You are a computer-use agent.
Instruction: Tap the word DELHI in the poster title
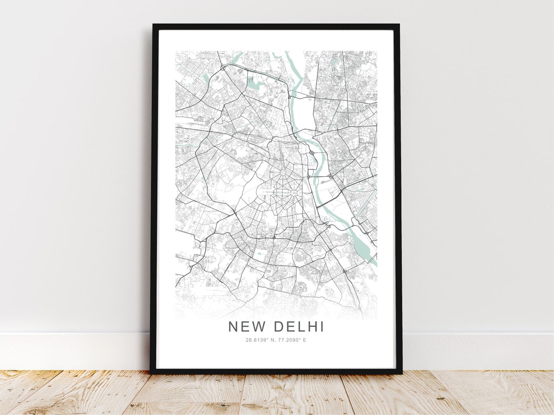(299, 326)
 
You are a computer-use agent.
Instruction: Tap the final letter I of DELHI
(322, 326)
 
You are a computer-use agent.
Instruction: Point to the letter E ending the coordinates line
(304, 340)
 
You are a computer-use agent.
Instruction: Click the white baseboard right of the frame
(477, 351)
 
